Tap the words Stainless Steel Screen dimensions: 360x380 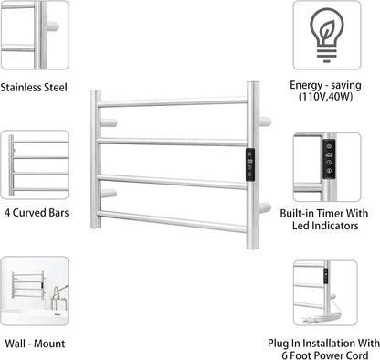[x=36, y=89]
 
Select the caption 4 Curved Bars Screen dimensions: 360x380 [x=37, y=213]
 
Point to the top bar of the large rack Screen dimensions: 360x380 [x=174, y=102]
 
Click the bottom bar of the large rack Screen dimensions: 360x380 [x=174, y=219]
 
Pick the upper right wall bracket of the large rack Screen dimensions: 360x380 [x=264, y=121]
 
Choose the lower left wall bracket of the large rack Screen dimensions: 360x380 [x=109, y=193]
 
